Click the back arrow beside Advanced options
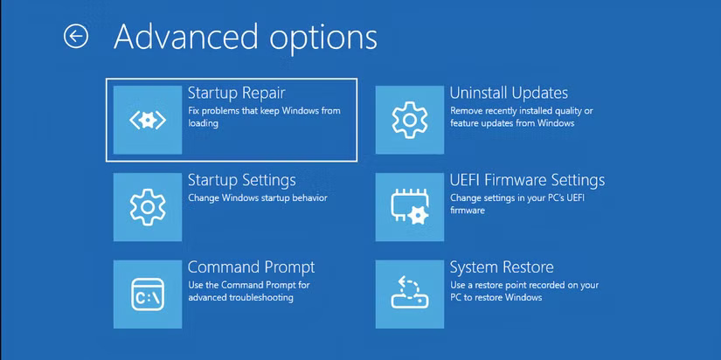coord(76,36)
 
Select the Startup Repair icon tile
coord(148,120)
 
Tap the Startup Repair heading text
coord(236,93)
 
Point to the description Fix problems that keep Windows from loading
coord(264,117)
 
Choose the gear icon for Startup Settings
coord(148,207)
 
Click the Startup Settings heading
coord(242,180)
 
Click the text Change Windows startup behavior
coord(258,198)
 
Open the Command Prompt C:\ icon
coord(148,294)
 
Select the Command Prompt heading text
coord(251,267)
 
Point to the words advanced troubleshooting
coord(240,298)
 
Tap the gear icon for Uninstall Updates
coord(410,120)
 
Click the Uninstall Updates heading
coord(509,93)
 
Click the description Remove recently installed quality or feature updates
coord(521,117)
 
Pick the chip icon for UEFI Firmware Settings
coord(410,207)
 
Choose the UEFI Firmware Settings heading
coord(527,180)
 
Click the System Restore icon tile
coord(410,294)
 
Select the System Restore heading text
coord(502,267)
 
